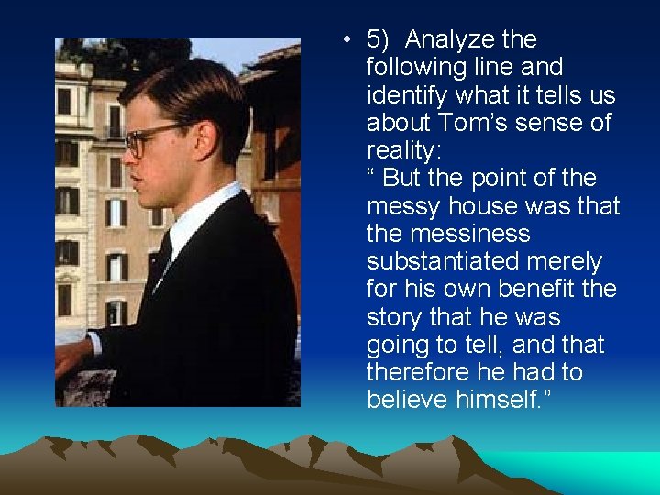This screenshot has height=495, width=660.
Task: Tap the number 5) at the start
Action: tap(379, 40)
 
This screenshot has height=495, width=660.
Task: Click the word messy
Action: tap(403, 207)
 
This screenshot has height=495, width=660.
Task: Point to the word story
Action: tap(393, 317)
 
